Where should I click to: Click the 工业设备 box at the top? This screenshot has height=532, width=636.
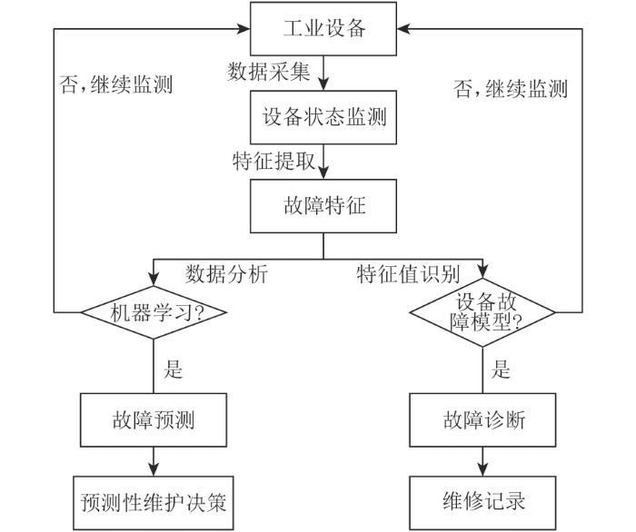click(323, 29)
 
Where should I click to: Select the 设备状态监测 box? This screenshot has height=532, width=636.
click(323, 117)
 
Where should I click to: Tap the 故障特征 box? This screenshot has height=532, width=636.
click(323, 206)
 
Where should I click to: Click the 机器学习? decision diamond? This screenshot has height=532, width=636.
click(154, 312)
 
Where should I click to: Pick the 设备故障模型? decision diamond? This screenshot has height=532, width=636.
click(482, 312)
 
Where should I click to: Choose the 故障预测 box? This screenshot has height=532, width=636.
click(154, 419)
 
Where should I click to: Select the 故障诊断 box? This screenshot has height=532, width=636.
click(482, 419)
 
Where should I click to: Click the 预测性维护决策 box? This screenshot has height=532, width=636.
click(154, 503)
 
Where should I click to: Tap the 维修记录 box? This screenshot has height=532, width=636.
click(482, 503)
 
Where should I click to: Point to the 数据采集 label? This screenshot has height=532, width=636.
click(269, 72)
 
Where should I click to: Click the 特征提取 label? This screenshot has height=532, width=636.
click(273, 161)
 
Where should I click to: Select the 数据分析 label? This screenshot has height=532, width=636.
click(226, 274)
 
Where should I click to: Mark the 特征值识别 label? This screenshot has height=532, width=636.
click(408, 274)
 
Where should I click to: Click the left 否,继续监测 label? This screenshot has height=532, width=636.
click(116, 84)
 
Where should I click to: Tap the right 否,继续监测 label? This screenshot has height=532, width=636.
click(511, 89)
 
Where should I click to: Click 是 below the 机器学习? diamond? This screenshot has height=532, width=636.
click(174, 369)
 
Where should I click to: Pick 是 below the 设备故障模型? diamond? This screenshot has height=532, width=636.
click(501, 369)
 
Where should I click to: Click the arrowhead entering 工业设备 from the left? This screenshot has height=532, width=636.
click(243, 29)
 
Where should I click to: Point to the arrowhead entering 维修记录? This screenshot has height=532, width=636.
click(482, 468)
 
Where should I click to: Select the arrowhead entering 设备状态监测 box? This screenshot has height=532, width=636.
click(323, 83)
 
